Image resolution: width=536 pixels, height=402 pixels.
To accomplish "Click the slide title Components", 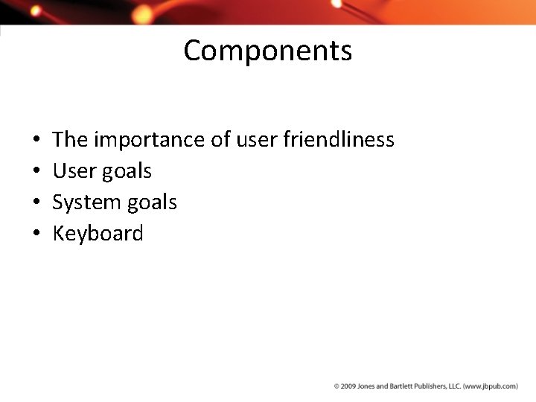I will click(x=267, y=51).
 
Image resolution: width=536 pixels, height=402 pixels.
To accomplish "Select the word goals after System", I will click(x=152, y=202).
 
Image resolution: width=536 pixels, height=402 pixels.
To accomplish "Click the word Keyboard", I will click(x=98, y=234).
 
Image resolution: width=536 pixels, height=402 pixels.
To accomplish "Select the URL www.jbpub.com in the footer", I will click(x=492, y=386).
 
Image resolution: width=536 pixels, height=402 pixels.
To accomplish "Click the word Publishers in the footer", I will click(x=427, y=386).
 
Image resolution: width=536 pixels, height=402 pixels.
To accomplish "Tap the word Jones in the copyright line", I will click(x=364, y=386).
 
